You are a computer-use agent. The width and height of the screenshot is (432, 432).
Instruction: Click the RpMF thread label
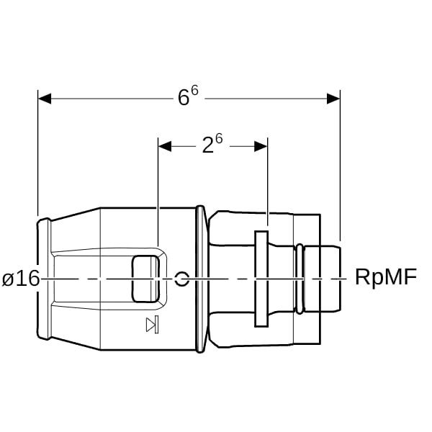385,279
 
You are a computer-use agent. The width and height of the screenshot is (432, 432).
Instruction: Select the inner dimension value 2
207,147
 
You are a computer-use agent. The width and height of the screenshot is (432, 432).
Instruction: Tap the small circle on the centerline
182,279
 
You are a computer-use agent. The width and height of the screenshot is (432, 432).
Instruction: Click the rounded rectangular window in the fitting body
145,279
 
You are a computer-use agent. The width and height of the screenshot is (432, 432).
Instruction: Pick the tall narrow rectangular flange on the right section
261,279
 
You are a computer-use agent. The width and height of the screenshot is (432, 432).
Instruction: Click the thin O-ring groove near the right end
299,279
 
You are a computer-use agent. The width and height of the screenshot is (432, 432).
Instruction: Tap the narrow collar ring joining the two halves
200,279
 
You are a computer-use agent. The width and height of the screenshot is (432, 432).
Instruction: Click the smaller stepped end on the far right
323,279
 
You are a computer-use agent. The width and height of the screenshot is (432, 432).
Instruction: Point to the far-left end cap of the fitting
44,279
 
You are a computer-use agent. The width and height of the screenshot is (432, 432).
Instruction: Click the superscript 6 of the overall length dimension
194,92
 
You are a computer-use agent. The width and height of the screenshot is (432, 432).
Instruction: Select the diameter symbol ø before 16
8,279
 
